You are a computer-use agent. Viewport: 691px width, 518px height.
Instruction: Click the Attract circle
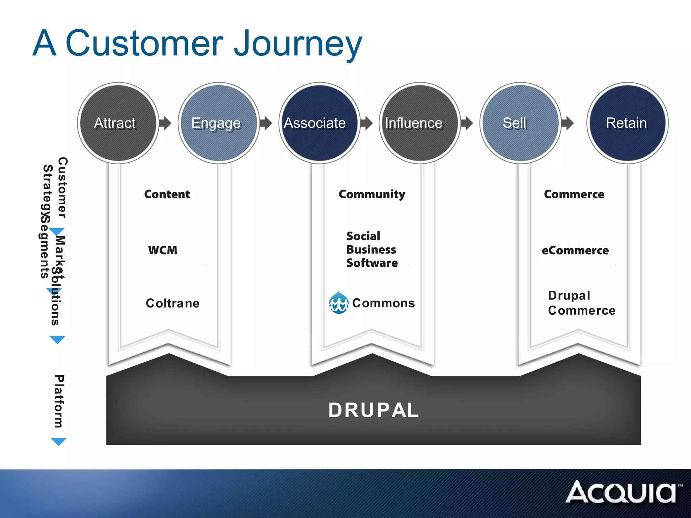[118, 123]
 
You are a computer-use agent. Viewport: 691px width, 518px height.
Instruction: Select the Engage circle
[219, 123]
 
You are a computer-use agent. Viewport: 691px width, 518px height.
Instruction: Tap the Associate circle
[319, 123]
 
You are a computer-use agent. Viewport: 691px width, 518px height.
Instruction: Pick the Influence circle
[419, 123]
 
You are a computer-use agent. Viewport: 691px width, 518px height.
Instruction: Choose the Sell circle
[520, 123]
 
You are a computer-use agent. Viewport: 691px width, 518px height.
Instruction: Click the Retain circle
[627, 123]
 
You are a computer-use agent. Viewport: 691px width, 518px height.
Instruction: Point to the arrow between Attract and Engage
[165, 123]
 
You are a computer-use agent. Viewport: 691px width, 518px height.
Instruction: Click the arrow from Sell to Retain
[568, 123]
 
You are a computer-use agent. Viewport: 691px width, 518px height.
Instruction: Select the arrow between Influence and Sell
[467, 123]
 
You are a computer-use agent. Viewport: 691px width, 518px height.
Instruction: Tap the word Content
[167, 194]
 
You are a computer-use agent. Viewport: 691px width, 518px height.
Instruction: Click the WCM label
[163, 250]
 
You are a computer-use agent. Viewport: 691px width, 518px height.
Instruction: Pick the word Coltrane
[172, 303]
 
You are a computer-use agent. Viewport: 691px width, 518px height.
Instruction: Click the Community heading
[372, 194]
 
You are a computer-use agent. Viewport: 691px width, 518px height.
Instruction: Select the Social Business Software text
[372, 250]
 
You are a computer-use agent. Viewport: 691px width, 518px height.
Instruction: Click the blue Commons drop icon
[338, 303]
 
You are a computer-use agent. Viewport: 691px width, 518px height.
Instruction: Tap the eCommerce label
[575, 250]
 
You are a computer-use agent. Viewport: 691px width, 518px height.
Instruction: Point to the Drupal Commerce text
[581, 303]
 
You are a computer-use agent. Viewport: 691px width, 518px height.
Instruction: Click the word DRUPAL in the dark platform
[374, 410]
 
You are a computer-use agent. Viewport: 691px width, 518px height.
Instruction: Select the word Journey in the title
[298, 44]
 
